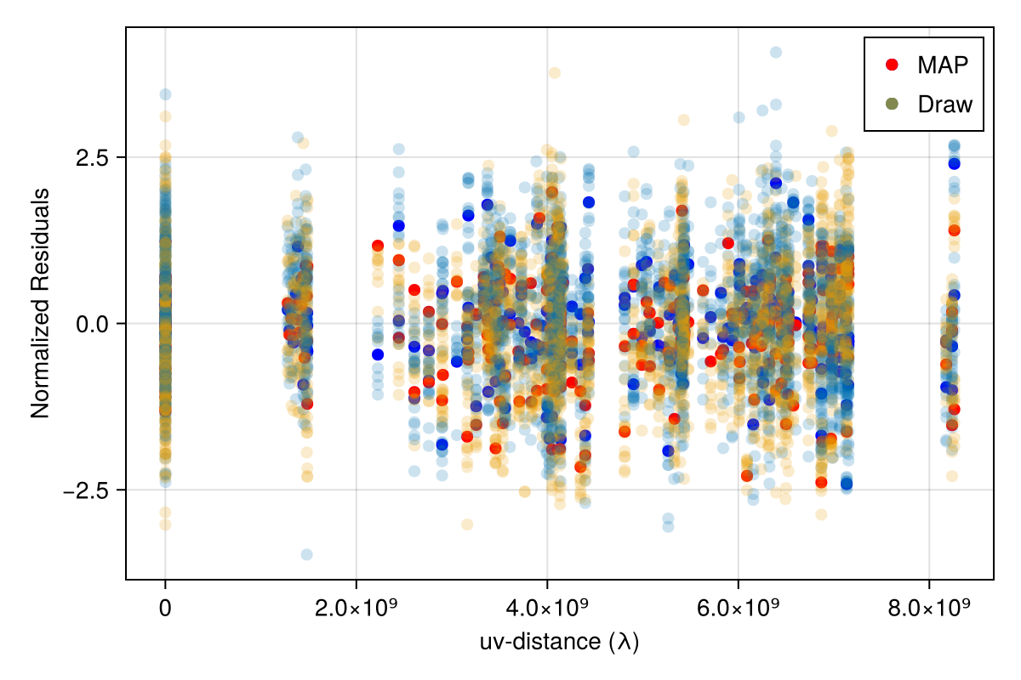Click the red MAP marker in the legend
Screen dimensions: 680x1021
(892, 64)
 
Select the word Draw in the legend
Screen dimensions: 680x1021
(944, 104)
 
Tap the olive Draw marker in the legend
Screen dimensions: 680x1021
(892, 104)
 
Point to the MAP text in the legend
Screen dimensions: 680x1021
(943, 64)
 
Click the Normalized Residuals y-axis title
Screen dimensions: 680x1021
(40, 303)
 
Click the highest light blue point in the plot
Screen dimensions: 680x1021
(776, 52)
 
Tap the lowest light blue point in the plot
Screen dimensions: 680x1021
(306, 554)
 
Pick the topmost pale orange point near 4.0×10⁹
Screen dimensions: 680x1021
(555, 73)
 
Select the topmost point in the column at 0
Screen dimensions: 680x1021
(165, 94)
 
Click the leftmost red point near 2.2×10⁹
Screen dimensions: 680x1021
(378, 246)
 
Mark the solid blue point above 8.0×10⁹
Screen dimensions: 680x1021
(955, 163)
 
